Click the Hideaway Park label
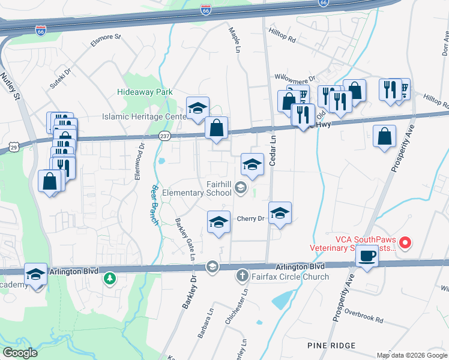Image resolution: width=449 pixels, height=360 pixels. pos(145,92)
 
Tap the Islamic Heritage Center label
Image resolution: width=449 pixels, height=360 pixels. pos(144,116)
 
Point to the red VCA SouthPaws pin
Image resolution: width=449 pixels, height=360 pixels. pos(405,243)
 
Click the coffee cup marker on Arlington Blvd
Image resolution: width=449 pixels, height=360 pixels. pos(366,256)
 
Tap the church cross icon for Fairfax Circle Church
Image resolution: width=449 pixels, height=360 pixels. pos(242,275)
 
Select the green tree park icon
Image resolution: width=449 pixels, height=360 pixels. pos(109,278)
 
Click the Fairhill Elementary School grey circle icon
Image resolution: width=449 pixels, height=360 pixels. pos(241,188)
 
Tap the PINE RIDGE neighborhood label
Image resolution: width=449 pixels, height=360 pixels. pos(331,346)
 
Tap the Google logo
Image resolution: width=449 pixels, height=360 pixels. pos(20,353)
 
